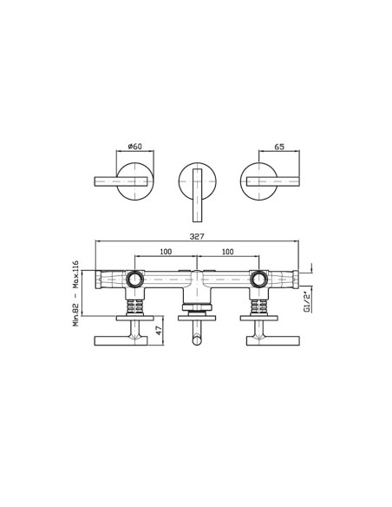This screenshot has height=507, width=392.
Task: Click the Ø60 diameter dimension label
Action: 135,147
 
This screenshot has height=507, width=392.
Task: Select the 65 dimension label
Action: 279,147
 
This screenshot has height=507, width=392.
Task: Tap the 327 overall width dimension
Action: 197,236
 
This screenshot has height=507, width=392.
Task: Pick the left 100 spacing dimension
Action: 166,252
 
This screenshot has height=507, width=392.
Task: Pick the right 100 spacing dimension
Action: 228,252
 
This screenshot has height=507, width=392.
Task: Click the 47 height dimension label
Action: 158,331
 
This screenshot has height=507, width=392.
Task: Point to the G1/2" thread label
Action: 307,300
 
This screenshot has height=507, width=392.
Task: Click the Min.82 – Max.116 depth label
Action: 75,293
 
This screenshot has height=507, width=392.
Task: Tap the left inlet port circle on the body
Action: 134,279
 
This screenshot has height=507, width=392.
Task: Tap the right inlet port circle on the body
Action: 258,279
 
